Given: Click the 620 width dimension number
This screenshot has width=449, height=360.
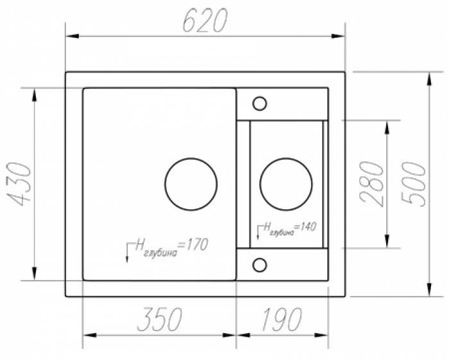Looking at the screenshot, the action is [205, 20].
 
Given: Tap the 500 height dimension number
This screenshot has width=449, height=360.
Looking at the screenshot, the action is [414, 184].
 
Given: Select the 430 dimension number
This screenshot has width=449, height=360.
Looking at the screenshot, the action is [19, 184].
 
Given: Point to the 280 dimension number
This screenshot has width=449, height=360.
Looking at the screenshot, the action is [372, 184].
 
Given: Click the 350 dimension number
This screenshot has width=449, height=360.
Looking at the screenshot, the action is [160, 319].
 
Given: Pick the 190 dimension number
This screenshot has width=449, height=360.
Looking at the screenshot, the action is [282, 319].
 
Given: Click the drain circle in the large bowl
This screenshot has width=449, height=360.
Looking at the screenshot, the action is [191, 184].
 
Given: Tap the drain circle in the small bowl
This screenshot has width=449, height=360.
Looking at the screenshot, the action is [286, 184].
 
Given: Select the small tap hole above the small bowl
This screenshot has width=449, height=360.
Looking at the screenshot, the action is [260, 103].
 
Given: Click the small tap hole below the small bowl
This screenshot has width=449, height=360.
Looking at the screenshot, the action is [260, 264].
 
